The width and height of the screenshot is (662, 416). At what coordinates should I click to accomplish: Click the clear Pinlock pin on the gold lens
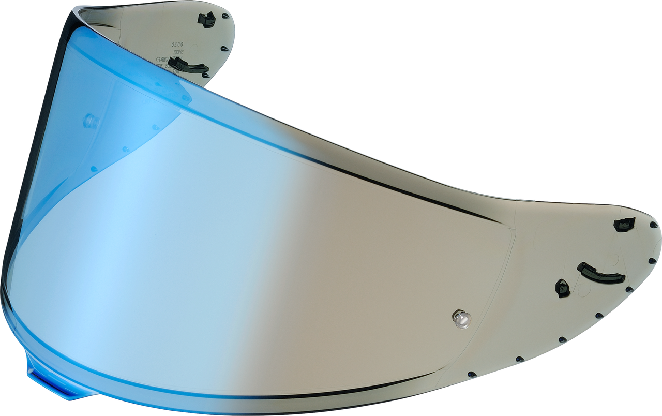[461, 319]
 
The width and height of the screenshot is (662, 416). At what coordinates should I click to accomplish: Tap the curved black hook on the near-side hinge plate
[601, 273]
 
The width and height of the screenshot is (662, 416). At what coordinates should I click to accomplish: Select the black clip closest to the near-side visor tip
[624, 224]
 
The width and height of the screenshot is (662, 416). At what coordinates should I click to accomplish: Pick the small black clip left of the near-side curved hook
[562, 288]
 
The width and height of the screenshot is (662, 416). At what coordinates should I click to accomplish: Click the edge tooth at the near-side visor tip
[654, 225]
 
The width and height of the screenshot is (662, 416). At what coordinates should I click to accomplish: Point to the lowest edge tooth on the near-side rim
[471, 374]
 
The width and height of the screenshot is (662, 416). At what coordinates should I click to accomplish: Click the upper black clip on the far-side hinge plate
[207, 20]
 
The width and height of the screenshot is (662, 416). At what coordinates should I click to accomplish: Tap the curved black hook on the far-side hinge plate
[189, 65]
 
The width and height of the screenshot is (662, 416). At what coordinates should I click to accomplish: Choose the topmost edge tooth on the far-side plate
[225, 16]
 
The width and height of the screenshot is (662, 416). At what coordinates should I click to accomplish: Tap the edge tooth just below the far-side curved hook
[206, 75]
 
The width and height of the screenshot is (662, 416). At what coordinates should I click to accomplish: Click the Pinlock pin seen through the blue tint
[91, 121]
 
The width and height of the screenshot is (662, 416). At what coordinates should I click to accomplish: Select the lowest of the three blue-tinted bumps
[94, 169]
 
